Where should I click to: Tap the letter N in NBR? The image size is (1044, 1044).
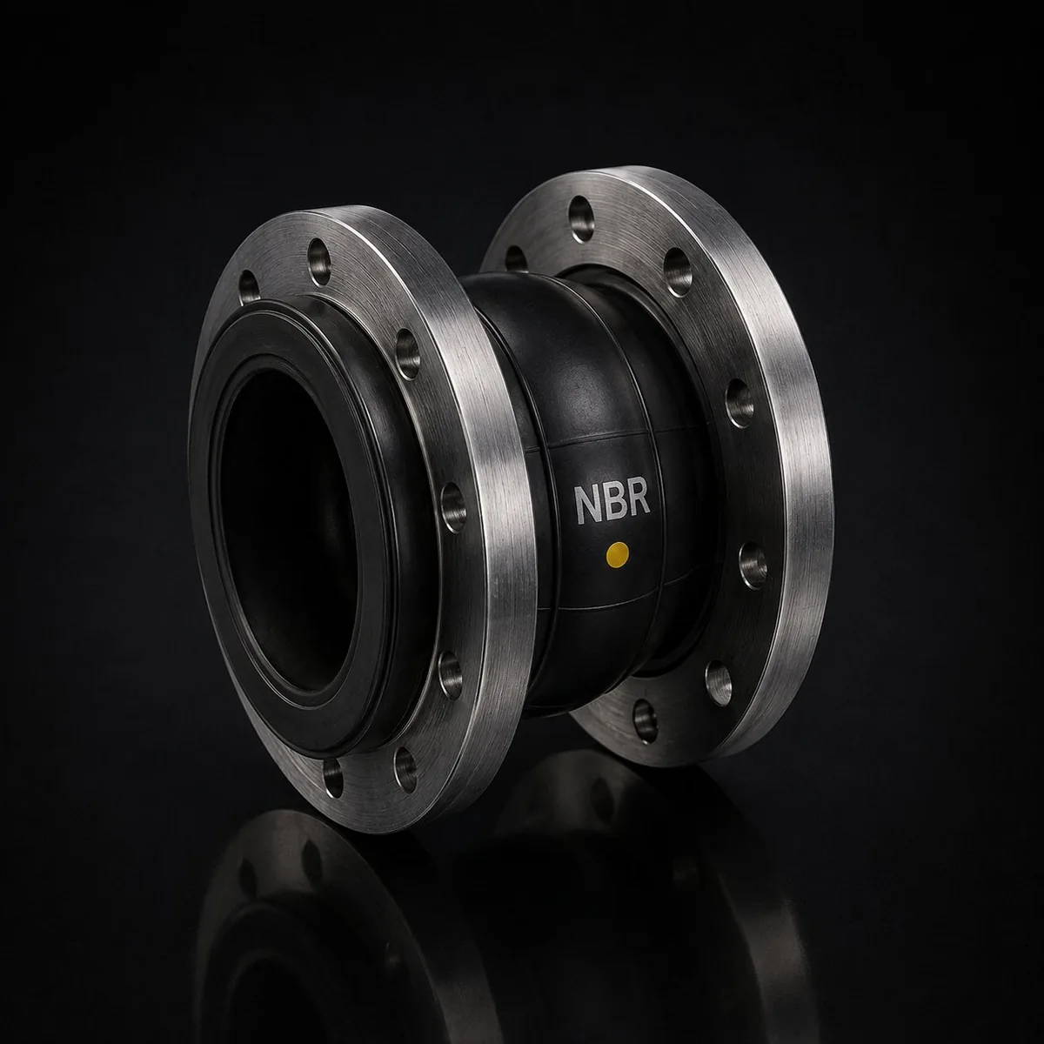[589, 505]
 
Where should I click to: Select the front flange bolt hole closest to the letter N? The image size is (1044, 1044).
[453, 509]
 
